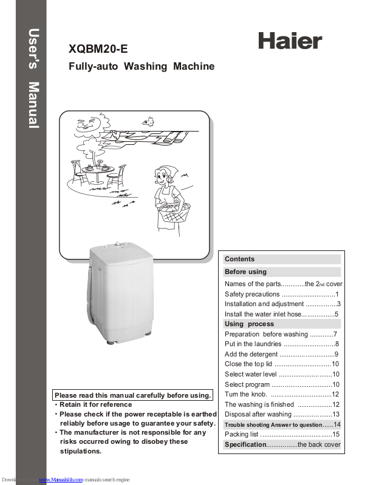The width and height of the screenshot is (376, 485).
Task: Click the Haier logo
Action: point(290,41)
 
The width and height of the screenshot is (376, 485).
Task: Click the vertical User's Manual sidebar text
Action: point(34,79)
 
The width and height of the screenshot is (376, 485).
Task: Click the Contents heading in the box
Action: point(240,259)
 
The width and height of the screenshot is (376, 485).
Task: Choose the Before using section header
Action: point(245,272)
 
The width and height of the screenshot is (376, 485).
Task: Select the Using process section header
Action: point(249,324)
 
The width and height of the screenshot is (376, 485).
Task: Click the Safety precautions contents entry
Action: point(252,294)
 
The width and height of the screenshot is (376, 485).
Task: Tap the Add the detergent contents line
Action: point(251,354)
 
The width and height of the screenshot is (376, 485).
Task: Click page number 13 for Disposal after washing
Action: point(335,414)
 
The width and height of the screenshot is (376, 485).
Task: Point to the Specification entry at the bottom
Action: point(245,445)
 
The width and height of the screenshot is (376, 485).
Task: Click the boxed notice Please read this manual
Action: point(132,395)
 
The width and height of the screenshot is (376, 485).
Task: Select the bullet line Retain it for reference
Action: point(95,404)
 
